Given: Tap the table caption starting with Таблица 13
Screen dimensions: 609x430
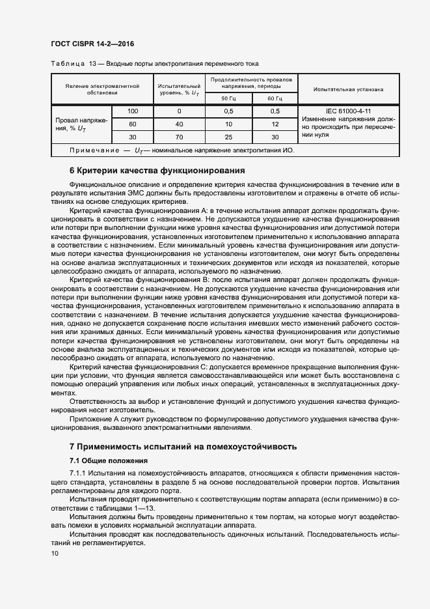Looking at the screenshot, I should tap(154, 64).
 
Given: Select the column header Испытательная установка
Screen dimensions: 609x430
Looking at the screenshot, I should tap(348, 89).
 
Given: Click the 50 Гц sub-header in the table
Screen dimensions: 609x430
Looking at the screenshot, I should tap(228, 98).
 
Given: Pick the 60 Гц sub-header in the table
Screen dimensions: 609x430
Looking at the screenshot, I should tap(275, 98).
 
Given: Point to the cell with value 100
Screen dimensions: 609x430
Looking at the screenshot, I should tap(133, 111).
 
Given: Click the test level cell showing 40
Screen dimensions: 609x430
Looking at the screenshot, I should tap(179, 124).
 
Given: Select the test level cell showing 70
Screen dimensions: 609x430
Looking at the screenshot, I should tap(179, 137).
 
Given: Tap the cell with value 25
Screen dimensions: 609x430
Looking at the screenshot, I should tap(228, 137).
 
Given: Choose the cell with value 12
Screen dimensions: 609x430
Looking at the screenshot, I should tap(275, 124).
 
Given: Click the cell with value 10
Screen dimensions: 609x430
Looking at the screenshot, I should tap(228, 124).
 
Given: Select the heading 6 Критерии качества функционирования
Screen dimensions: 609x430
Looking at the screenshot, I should tap(156, 171).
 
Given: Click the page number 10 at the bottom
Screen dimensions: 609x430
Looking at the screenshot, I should tap(55, 553).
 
